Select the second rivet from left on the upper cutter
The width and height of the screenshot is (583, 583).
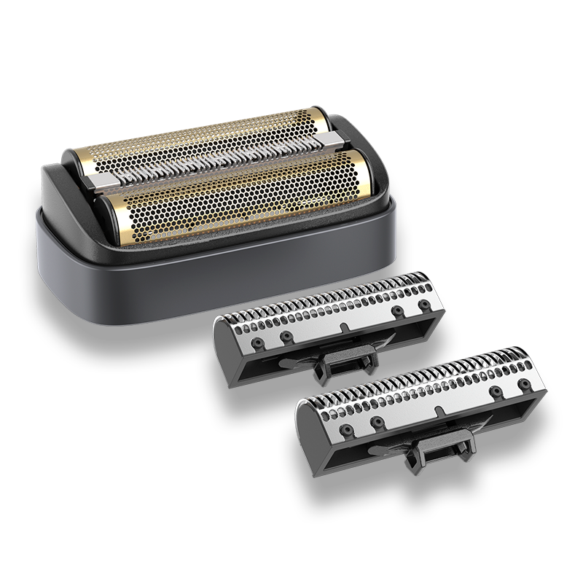(286, 336)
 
